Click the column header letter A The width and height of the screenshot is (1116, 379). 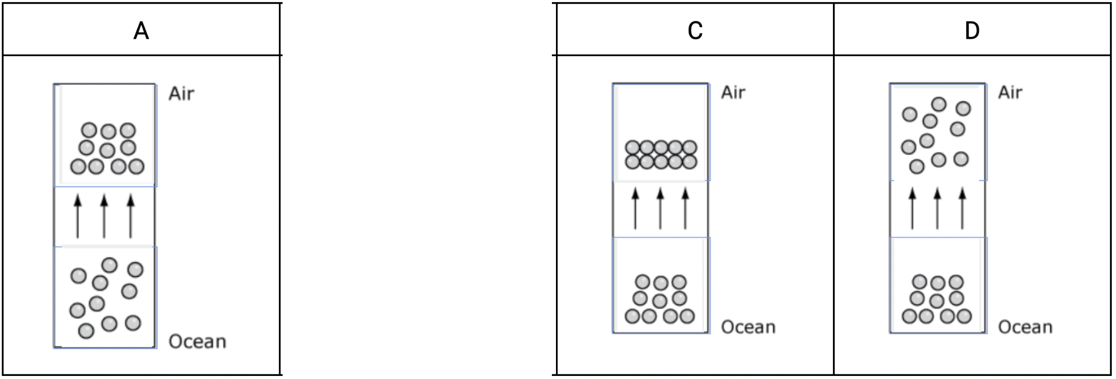click(x=141, y=31)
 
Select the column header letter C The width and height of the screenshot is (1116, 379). click(x=695, y=31)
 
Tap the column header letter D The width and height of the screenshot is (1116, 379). click(x=972, y=31)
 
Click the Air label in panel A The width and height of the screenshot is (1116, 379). click(x=182, y=94)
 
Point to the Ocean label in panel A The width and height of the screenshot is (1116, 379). click(x=197, y=341)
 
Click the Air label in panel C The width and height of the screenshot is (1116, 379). click(x=733, y=92)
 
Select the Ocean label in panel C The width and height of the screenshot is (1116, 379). click(x=748, y=327)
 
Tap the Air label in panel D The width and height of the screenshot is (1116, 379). click(x=1010, y=92)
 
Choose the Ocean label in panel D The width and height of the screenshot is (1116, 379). click(x=1025, y=327)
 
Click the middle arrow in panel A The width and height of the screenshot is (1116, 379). click(x=104, y=216)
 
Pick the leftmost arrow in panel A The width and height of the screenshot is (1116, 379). click(x=78, y=216)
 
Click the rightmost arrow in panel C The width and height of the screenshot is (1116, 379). click(x=685, y=208)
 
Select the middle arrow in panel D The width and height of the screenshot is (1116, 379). click(x=937, y=208)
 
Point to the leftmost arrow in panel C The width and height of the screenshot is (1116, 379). click(x=635, y=208)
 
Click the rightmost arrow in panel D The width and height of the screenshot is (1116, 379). click(x=962, y=208)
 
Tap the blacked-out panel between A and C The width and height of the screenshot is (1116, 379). click(x=417, y=188)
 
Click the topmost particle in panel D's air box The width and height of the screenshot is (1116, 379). click(x=939, y=104)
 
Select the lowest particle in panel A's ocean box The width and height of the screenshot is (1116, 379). click(x=86, y=331)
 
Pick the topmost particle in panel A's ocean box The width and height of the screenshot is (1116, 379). click(x=110, y=265)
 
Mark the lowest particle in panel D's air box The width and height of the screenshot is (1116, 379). click(x=917, y=167)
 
